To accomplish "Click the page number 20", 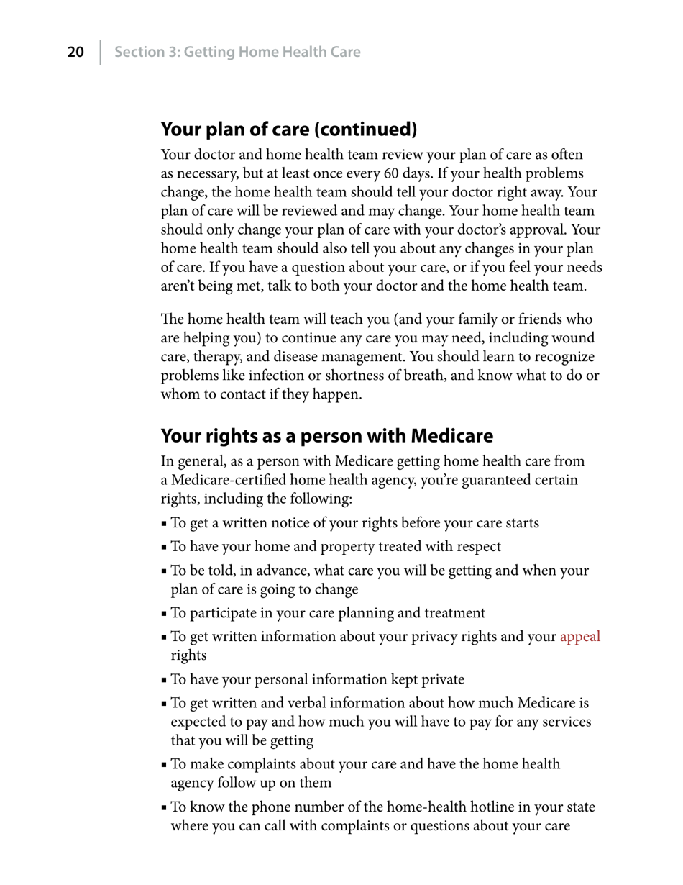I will pos(75,52).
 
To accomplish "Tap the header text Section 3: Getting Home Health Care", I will pos(237,52).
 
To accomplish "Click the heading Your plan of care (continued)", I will pos(288,130).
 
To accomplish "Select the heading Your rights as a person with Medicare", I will pos(326,436).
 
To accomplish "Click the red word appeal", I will pos(579,637).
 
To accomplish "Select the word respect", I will pos(477,547).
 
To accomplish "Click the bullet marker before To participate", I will pos(165,614).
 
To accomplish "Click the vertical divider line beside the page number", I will pos(100,52).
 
